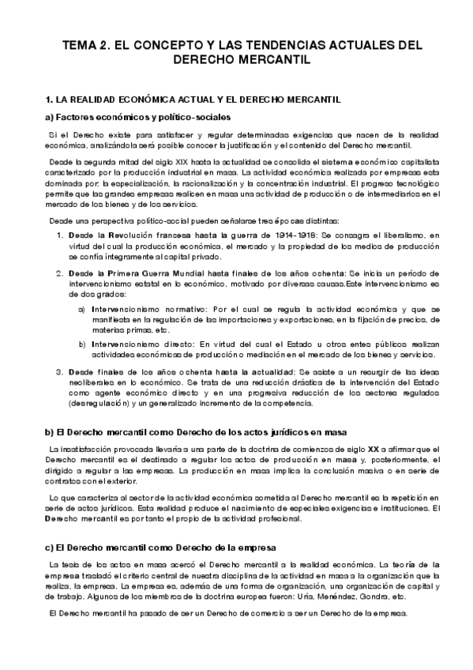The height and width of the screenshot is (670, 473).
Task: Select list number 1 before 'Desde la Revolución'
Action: point(61,236)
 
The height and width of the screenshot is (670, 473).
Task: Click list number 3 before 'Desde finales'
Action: point(61,373)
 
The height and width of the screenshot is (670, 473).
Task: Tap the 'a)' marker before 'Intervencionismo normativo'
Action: point(82,309)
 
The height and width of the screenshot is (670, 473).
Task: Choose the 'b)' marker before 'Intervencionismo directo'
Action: point(82,345)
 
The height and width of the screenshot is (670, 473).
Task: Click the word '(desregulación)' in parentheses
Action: point(103,404)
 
